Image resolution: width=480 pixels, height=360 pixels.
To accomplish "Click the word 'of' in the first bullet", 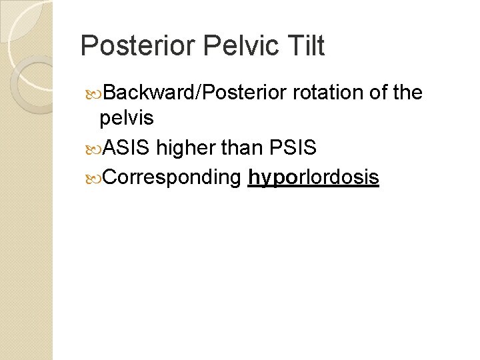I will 378,93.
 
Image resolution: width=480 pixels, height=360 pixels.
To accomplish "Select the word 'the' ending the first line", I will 408,93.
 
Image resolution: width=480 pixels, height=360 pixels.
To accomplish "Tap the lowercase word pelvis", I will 126,119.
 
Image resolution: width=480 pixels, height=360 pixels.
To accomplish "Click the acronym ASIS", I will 127,148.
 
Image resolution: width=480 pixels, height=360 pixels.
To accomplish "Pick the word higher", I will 185,148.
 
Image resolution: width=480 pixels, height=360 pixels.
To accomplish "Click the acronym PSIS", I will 293,148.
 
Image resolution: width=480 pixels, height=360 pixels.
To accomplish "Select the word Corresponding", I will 173,177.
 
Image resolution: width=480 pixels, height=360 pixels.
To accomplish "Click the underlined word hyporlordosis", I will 313,177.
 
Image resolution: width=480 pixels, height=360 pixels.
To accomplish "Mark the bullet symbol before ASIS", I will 91,149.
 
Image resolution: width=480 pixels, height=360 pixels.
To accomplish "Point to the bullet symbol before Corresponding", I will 91,178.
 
